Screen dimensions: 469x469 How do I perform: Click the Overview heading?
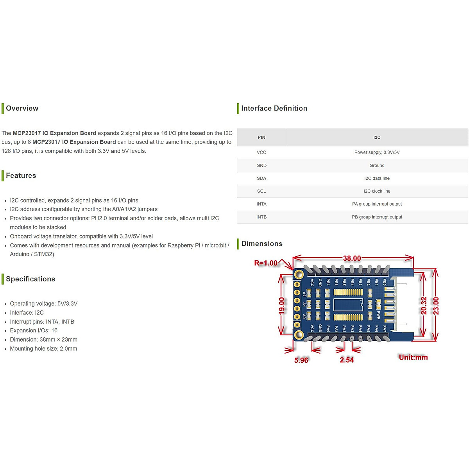click(x=22, y=108)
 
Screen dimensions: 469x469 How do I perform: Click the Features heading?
click(x=21, y=175)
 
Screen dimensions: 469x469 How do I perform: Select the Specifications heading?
click(x=30, y=279)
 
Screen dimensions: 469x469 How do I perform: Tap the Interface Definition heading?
click(x=274, y=108)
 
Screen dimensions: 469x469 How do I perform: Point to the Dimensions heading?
click(x=261, y=244)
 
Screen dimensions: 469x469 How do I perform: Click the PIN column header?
click(x=261, y=138)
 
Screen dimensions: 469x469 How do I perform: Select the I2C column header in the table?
click(x=377, y=138)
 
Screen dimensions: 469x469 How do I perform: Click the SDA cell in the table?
click(x=261, y=178)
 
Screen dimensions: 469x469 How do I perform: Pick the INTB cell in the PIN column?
click(x=261, y=217)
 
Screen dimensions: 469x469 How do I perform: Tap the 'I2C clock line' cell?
click(x=377, y=191)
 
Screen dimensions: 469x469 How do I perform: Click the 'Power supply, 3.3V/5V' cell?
click(x=377, y=152)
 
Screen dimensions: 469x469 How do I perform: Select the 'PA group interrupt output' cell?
click(x=377, y=204)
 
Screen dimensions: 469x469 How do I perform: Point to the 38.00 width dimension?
click(x=352, y=258)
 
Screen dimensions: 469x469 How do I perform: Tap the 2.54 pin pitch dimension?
click(x=347, y=360)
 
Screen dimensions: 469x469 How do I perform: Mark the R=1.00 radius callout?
click(x=266, y=263)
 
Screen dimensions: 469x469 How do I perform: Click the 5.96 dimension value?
click(x=301, y=360)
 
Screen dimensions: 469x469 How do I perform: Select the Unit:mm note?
click(x=413, y=357)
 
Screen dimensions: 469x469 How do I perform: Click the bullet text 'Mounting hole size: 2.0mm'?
click(x=43, y=349)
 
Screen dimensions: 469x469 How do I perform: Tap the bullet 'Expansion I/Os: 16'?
click(x=34, y=331)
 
